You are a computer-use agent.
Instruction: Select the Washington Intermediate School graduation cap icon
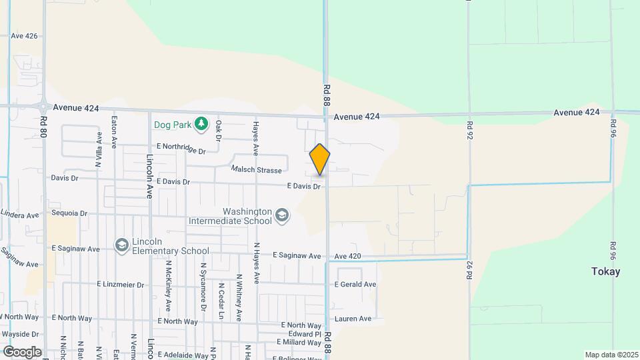[x=282, y=215]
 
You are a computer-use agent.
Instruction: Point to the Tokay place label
[x=605, y=271]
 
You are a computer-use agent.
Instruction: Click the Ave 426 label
[x=24, y=36]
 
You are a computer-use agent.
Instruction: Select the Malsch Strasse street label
[x=256, y=170]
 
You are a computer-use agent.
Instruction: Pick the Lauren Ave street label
[x=353, y=319]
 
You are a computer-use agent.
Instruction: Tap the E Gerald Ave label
[x=355, y=284]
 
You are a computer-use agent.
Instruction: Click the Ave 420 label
[x=347, y=256]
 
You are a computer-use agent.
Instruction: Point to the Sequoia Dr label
[x=69, y=214]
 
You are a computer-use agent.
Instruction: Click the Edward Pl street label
[x=305, y=333]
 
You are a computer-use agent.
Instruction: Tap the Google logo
[x=21, y=351]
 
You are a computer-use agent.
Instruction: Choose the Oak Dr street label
[x=218, y=130]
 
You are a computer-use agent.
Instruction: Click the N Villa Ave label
[x=99, y=148]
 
